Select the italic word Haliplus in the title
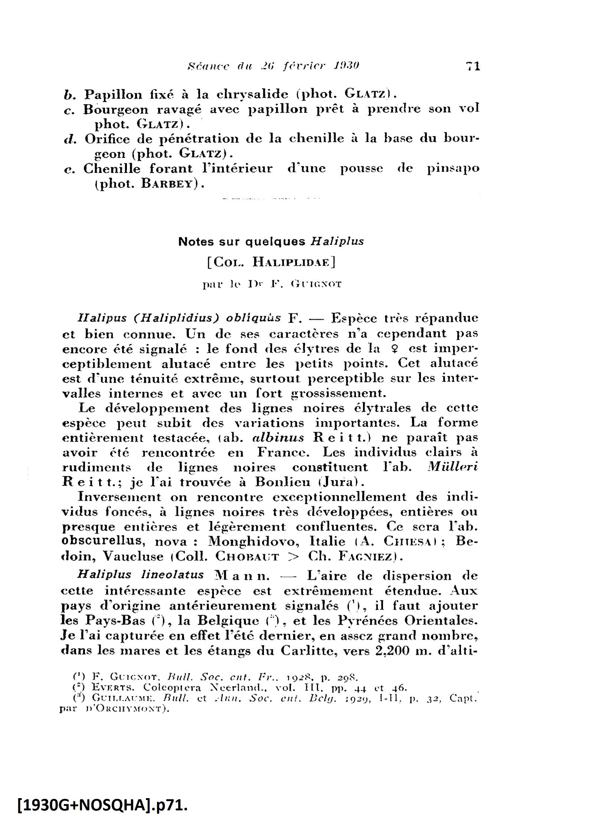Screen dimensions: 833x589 coord(337,242)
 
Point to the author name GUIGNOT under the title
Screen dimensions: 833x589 coord(317,285)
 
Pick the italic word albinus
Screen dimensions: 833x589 coord(278,438)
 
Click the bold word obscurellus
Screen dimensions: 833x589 coord(103,541)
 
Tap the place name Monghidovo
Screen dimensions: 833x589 coord(253,541)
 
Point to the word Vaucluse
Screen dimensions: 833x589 coord(133,556)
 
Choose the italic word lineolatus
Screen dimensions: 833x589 coord(172,575)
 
